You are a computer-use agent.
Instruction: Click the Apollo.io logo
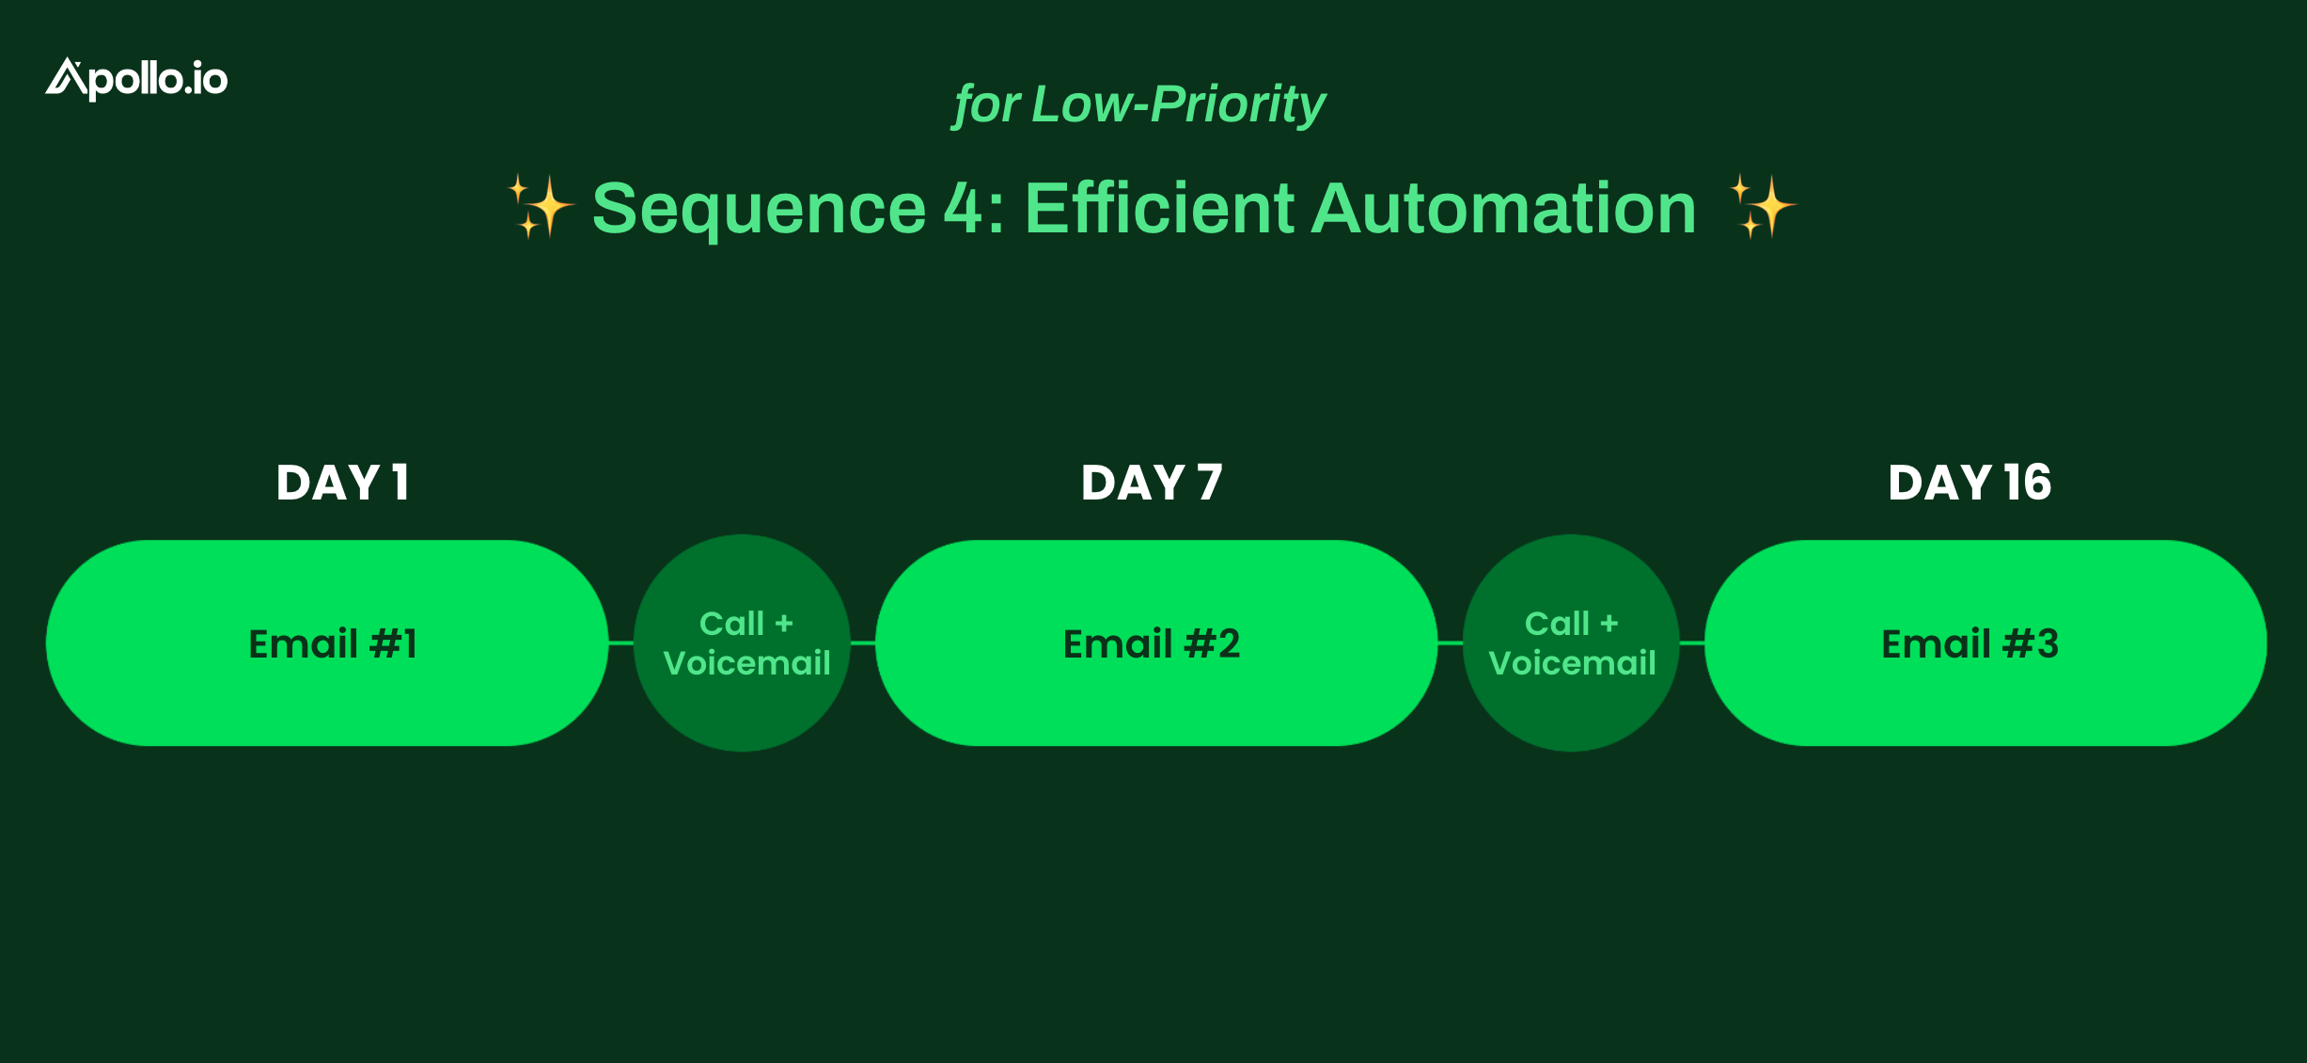[x=136, y=79]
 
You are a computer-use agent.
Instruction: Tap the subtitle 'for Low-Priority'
[x=1138, y=103]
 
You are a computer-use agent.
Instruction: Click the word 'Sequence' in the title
[x=759, y=209]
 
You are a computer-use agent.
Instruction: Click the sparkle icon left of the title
[x=541, y=206]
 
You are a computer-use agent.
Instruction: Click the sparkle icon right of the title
[x=1763, y=206]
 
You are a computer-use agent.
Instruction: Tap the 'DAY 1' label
[x=342, y=483]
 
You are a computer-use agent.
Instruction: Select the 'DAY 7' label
[x=1152, y=483]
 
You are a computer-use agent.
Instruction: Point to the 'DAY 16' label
[x=1970, y=483]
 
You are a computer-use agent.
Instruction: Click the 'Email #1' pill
[x=327, y=643]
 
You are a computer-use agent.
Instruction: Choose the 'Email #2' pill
[x=1156, y=643]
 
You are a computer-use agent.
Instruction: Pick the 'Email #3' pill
[x=1985, y=643]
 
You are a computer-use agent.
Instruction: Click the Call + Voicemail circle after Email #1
[x=742, y=643]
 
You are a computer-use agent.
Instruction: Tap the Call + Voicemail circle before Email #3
[x=1571, y=643]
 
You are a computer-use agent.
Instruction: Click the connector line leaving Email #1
[x=621, y=643]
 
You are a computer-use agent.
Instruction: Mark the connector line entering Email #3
[x=1692, y=643]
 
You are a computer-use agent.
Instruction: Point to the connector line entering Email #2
[x=863, y=643]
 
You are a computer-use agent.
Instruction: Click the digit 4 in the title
[x=963, y=208]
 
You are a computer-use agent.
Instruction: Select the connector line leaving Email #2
[x=1451, y=643]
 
